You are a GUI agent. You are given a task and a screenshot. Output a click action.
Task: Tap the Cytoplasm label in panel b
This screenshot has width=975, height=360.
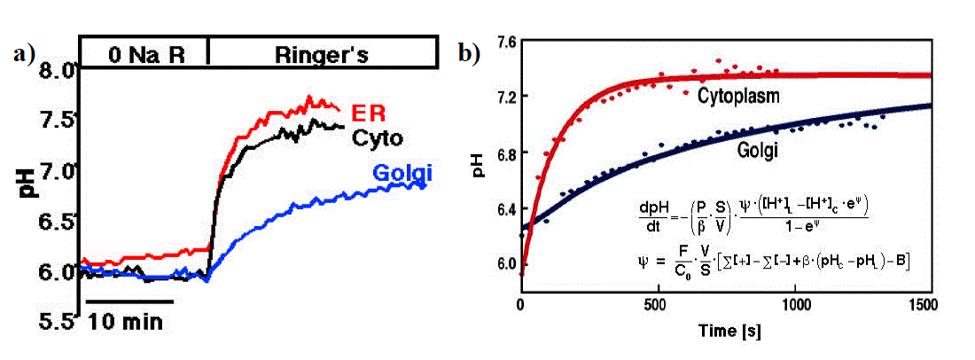[738, 96]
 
